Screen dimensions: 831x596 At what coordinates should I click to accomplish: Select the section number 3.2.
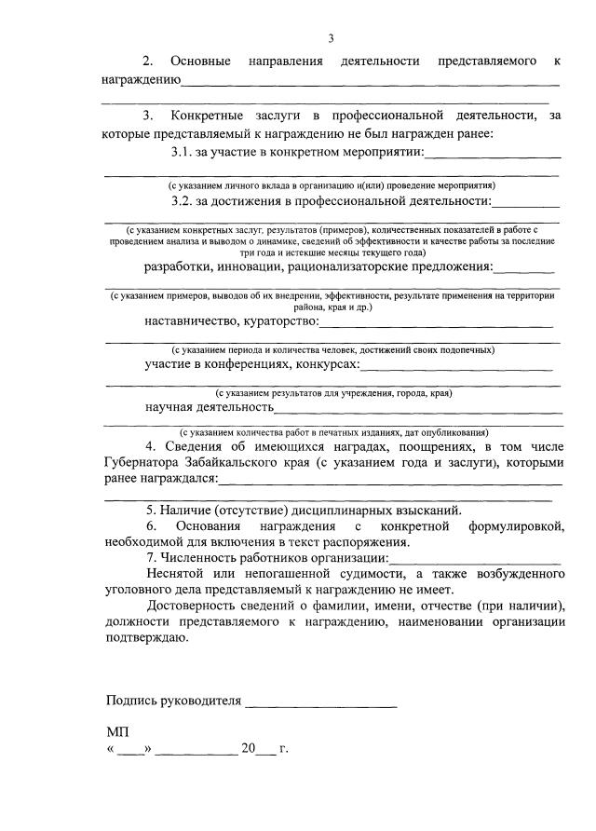(183, 200)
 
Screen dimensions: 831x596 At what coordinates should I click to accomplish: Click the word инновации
(249, 266)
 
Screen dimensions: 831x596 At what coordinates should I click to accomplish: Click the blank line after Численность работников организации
(475, 559)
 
